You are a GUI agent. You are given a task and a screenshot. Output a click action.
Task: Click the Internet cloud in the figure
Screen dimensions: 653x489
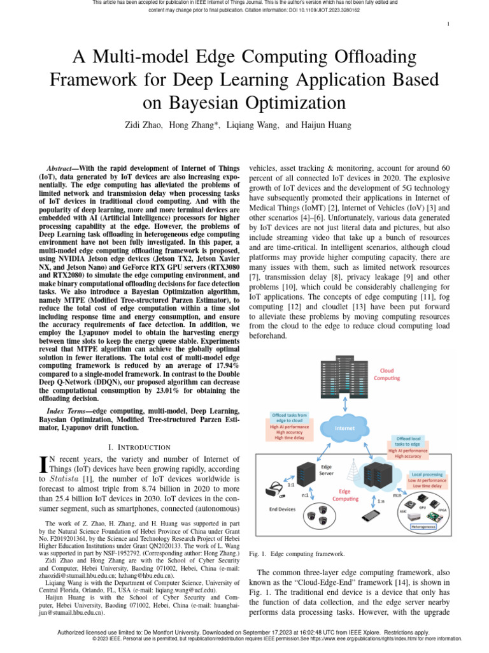coord(344,429)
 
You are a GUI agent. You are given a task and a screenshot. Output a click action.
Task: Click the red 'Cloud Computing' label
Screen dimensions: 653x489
coord(386,374)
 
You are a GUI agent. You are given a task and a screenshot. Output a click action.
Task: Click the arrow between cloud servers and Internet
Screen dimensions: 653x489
coord(344,405)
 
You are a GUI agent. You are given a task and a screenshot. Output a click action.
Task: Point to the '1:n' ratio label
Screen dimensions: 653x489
coord(380,501)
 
